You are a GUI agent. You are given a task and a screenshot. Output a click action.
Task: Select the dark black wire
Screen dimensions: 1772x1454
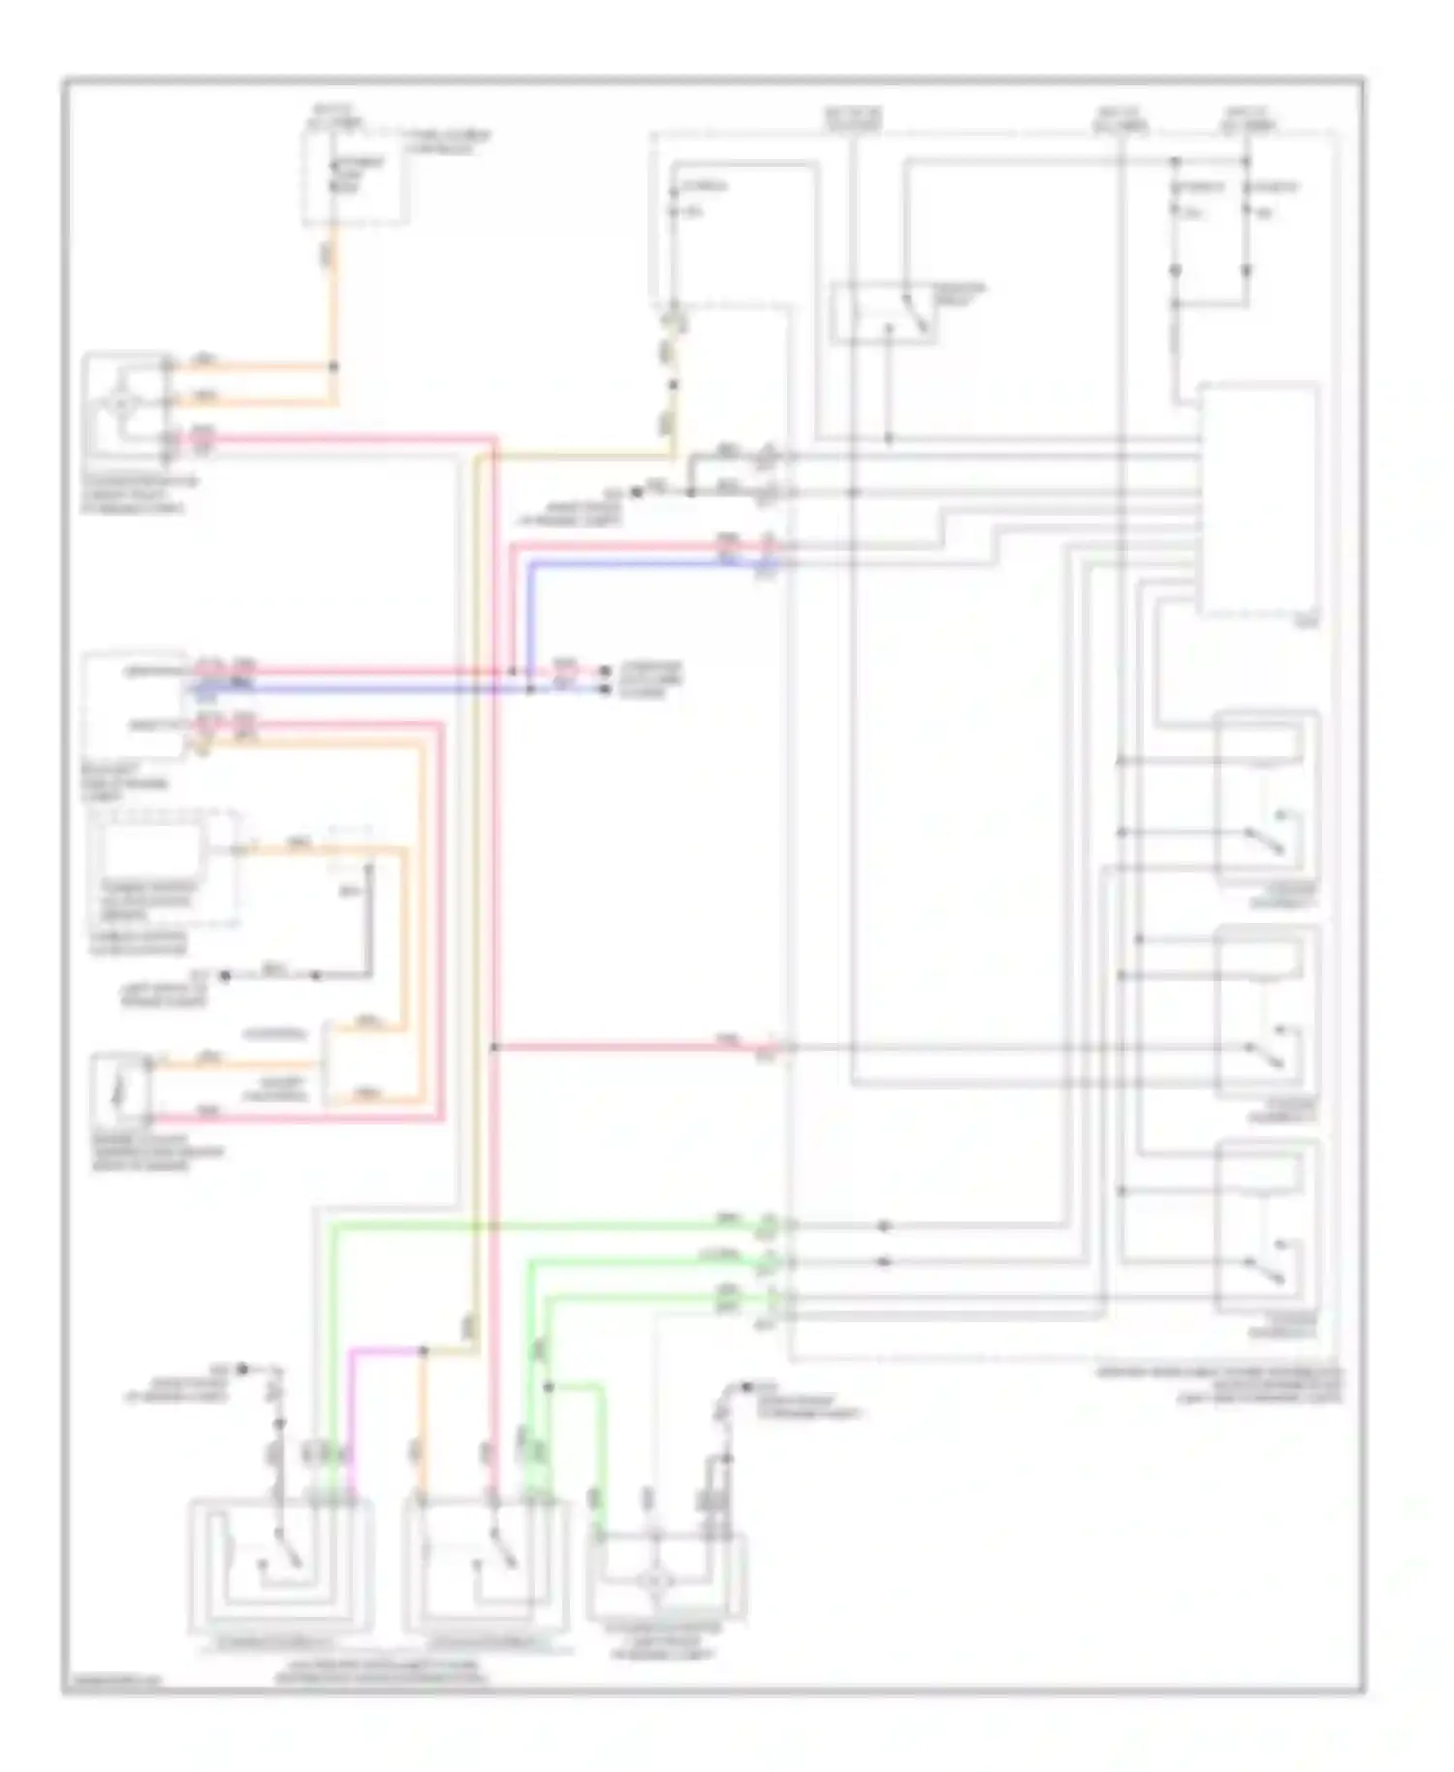pos(368,921)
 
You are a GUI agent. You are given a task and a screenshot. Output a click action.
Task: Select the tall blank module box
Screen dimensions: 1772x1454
pos(1258,499)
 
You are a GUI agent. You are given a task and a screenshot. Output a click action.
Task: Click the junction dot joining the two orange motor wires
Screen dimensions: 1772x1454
pos(334,366)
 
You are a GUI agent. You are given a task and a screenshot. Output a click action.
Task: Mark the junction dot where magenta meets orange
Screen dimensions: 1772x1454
pos(424,1349)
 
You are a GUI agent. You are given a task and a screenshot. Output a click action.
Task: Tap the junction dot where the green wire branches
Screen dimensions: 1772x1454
pos(548,1387)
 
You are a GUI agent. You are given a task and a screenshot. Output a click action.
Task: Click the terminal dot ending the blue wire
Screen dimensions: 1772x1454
pos(606,689)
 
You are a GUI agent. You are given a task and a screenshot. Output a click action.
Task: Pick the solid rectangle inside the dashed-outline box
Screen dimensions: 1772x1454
pos(152,850)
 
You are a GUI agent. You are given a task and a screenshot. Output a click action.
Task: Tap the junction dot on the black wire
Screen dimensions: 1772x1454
pos(317,975)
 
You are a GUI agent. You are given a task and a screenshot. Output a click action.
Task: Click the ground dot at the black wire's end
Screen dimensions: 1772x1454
pos(225,975)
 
